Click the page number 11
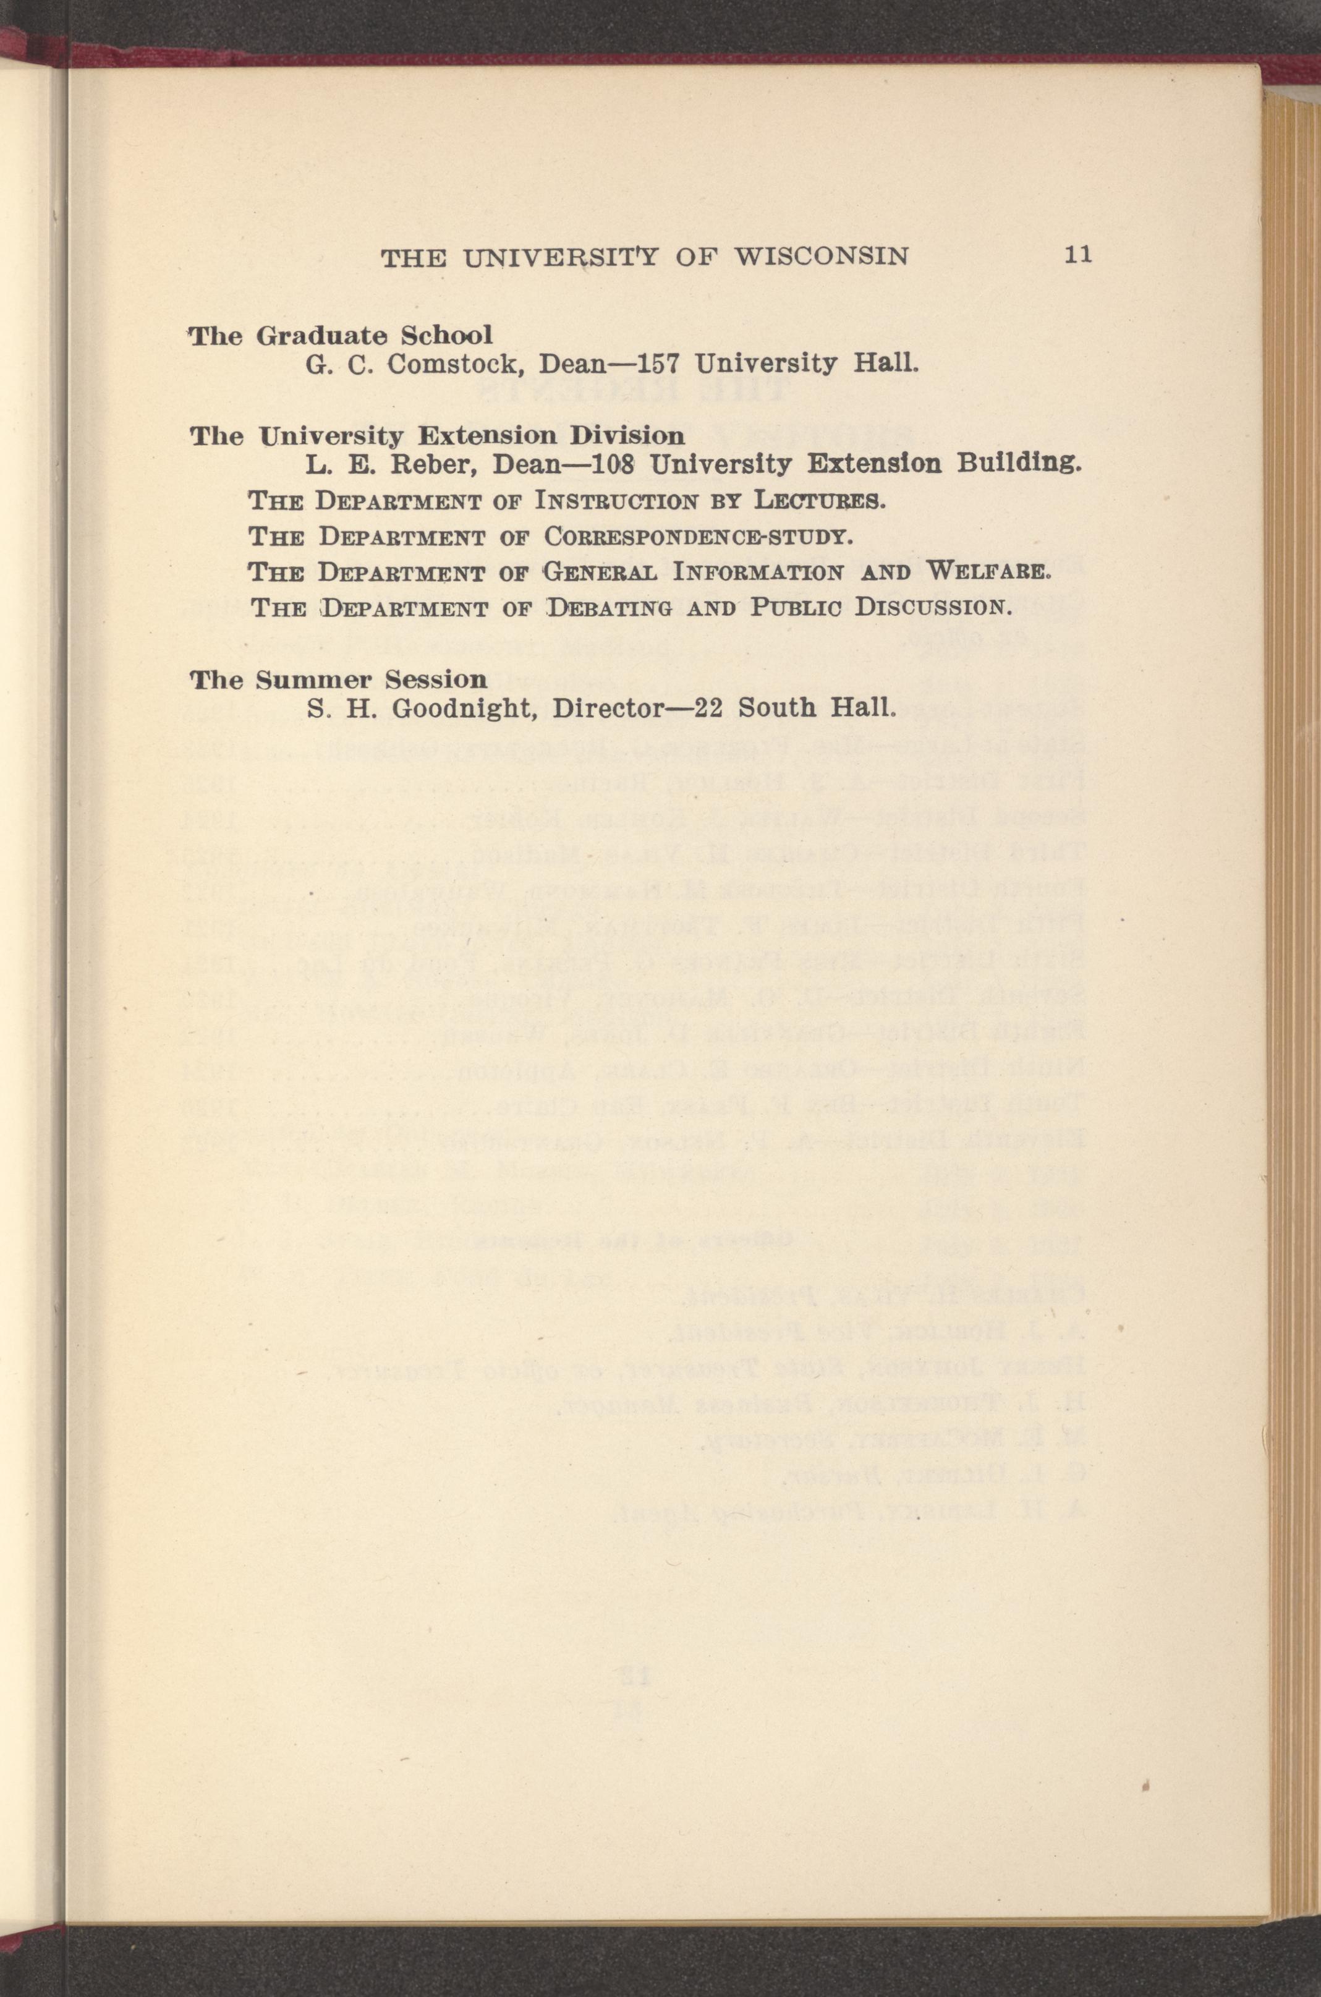coord(1078,255)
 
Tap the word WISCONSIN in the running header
coord(822,256)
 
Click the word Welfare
coord(988,572)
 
